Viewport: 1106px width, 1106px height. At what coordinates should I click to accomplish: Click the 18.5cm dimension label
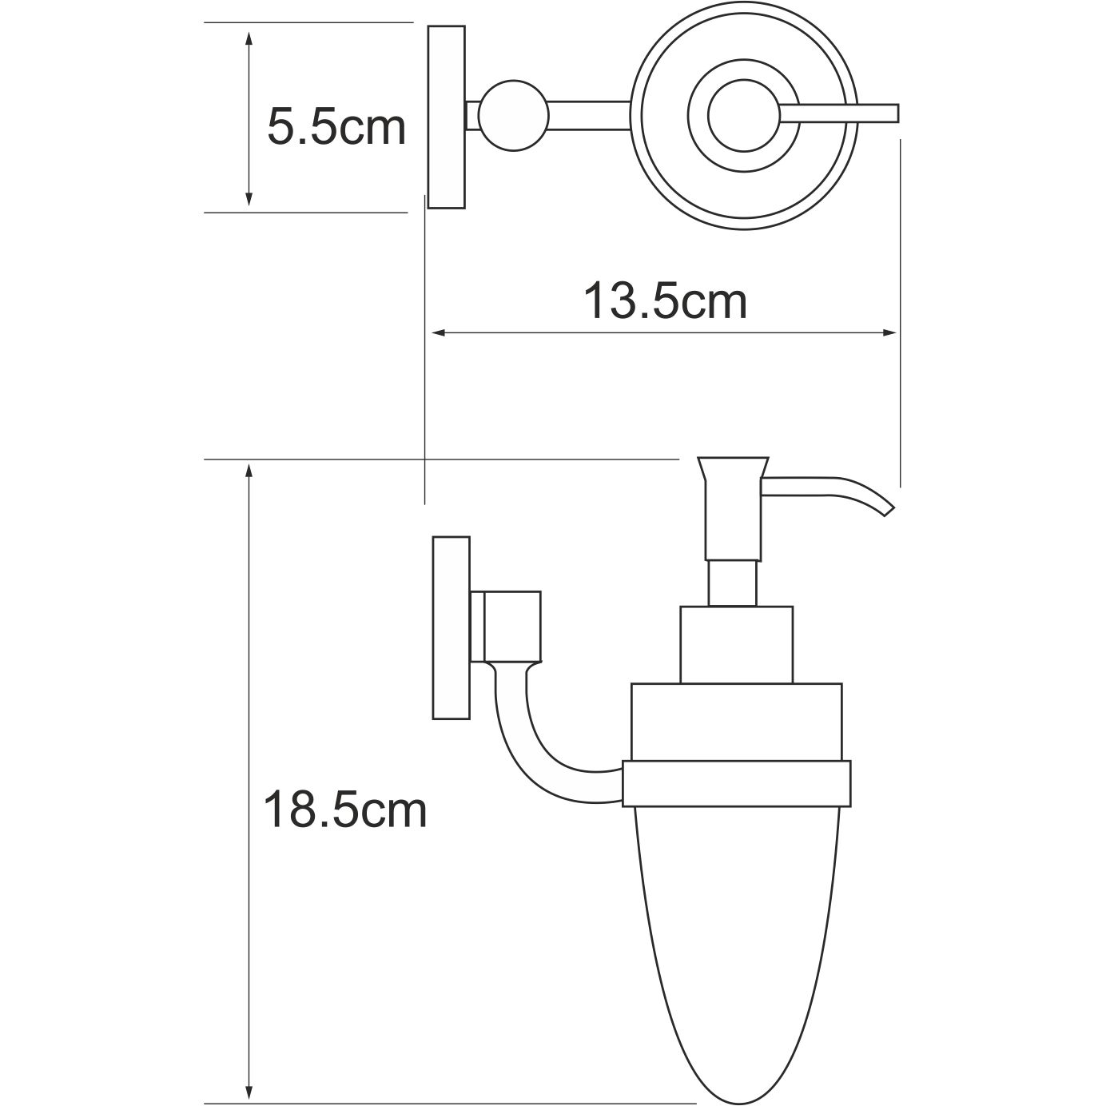(344, 810)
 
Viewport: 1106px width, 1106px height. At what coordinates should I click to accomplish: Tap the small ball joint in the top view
(513, 116)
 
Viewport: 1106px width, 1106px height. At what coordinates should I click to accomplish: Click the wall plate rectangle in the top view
(447, 117)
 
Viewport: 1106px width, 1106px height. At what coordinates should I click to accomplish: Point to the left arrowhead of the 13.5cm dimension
(437, 332)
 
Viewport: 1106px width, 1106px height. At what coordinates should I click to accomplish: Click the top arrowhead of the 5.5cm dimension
(249, 38)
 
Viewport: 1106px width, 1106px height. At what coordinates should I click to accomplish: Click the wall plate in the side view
(451, 627)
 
